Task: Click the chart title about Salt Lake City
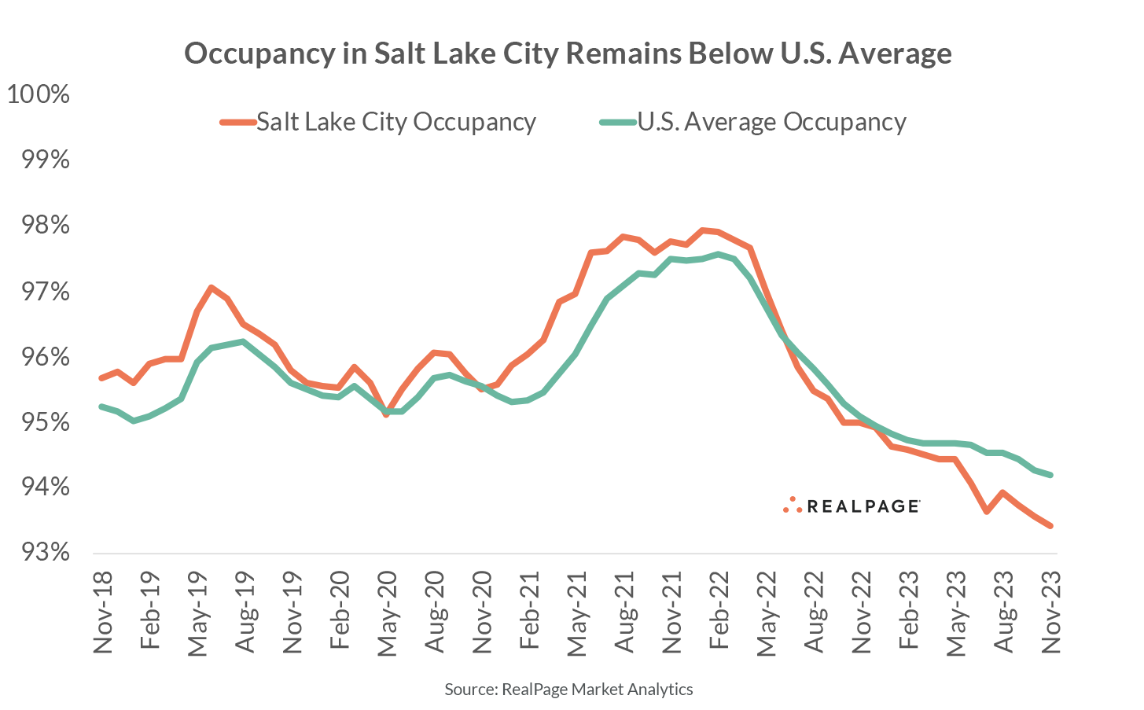[x=568, y=53]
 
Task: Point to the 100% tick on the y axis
[x=39, y=95]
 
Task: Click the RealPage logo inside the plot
[x=852, y=506]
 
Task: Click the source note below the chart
[x=568, y=690]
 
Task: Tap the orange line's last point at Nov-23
[x=1050, y=526]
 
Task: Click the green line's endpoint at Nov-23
[x=1050, y=475]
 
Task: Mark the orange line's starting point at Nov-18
[x=101, y=378]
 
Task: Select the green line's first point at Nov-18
[x=101, y=407]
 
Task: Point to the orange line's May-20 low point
[x=386, y=414]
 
